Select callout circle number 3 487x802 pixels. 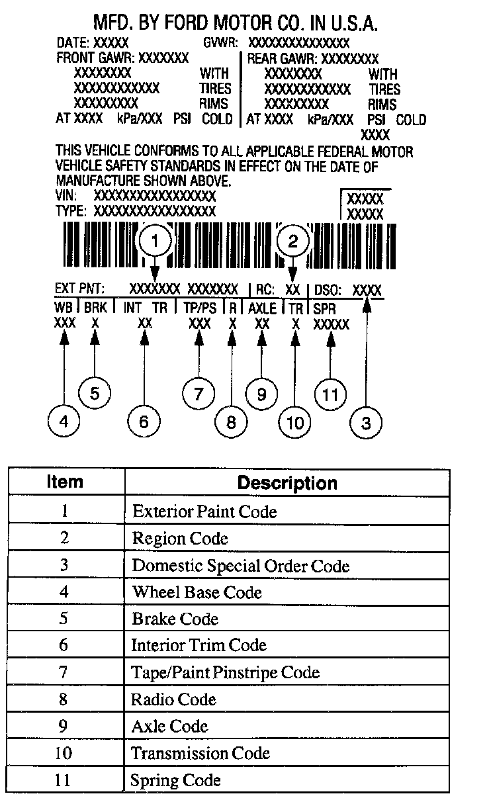[366, 422]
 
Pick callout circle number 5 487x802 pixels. [95, 393]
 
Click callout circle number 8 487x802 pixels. [231, 422]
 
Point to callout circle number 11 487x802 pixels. [330, 394]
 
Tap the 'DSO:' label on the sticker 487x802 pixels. [327, 289]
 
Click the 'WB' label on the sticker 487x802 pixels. [64, 308]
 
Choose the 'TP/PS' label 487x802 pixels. [199, 308]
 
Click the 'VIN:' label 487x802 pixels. [67, 196]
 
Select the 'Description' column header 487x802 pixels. [287, 482]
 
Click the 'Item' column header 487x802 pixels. [65, 481]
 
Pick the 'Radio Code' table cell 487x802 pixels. [174, 699]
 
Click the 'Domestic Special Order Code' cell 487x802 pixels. [241, 566]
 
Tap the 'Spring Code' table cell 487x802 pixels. [175, 780]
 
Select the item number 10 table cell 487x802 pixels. [64, 753]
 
